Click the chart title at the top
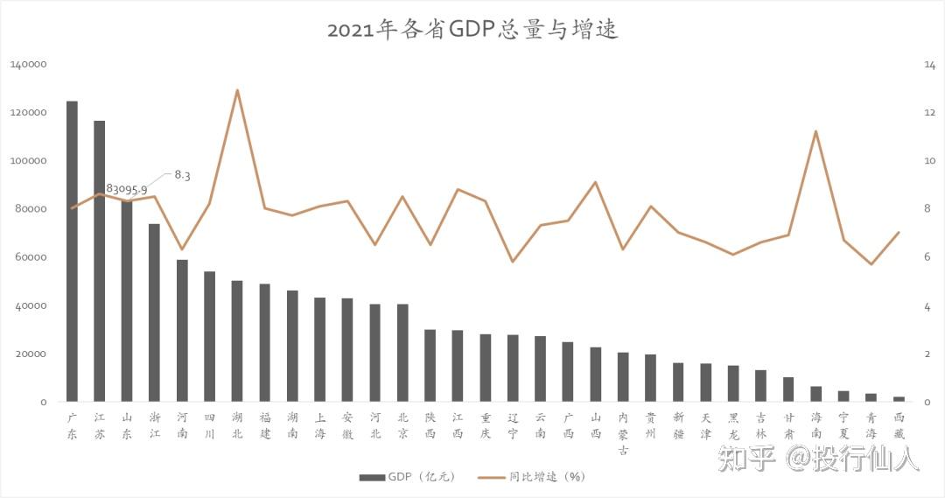[472, 30]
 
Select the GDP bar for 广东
[72, 251]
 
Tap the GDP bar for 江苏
[100, 261]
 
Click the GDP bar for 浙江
[154, 313]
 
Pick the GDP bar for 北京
[402, 353]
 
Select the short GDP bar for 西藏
[899, 399]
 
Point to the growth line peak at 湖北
[237, 90]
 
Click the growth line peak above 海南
[815, 130]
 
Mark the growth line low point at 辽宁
[512, 262]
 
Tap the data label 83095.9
[127, 189]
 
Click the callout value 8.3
[182, 175]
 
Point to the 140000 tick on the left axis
[28, 65]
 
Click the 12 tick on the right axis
[929, 113]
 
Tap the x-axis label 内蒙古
[623, 433]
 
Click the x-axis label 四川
[210, 425]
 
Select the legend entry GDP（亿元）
[408, 477]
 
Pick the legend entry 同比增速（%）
[532, 477]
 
